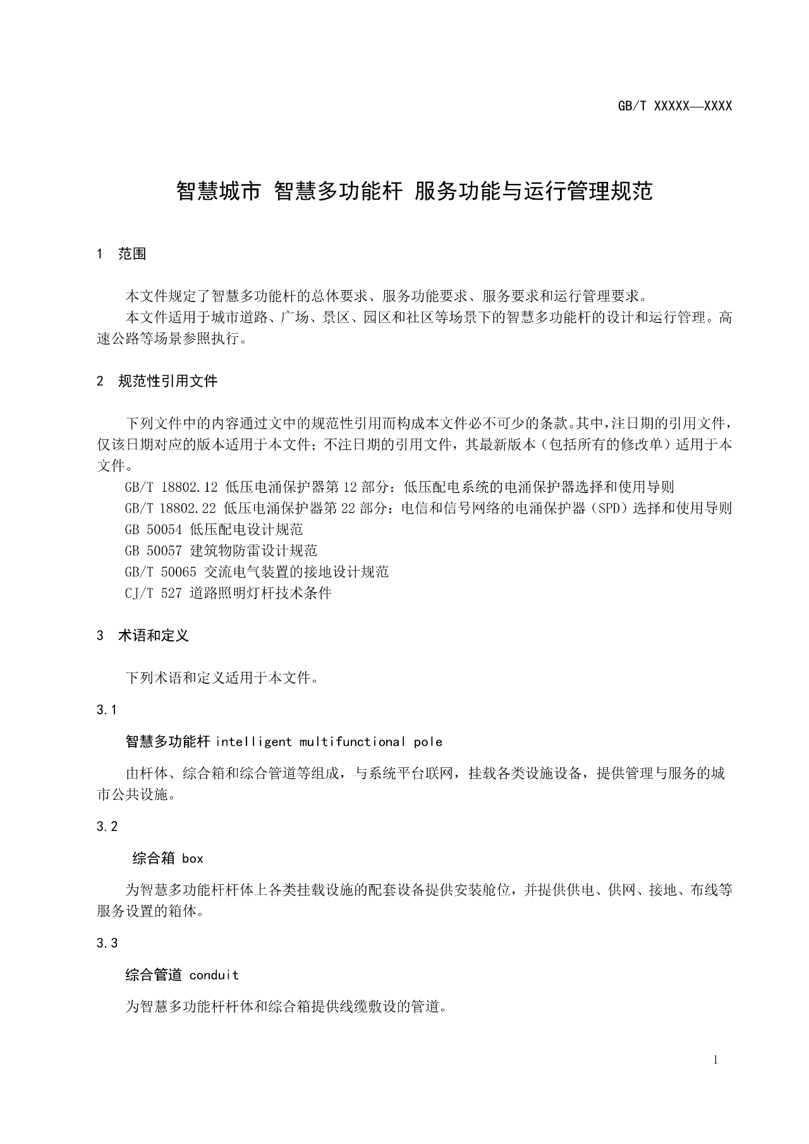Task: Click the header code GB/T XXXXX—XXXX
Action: click(x=674, y=106)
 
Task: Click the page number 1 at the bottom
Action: click(x=715, y=1060)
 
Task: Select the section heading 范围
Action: click(x=132, y=254)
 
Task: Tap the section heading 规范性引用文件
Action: click(x=167, y=381)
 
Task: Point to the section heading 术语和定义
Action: click(x=154, y=636)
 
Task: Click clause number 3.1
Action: click(x=107, y=710)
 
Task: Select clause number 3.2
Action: click(x=107, y=826)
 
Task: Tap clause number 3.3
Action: click(x=107, y=943)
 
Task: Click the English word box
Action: click(x=193, y=858)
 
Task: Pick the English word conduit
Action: click(x=214, y=975)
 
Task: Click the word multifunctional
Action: click(x=353, y=741)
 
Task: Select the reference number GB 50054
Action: click(x=153, y=530)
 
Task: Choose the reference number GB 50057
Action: click(x=153, y=551)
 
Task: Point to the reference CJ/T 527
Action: click(x=153, y=593)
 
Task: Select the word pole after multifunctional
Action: click(x=428, y=741)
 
